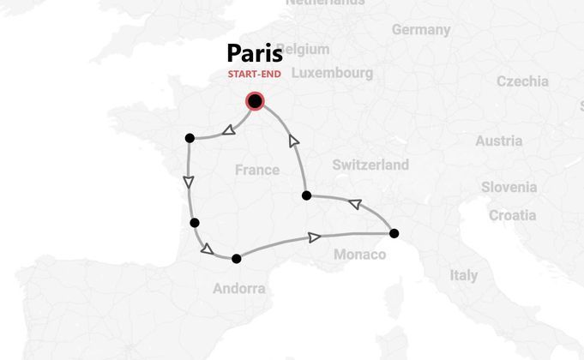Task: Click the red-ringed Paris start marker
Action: click(x=255, y=102)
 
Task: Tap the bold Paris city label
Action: click(x=255, y=54)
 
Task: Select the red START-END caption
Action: click(x=255, y=74)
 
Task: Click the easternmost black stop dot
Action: click(x=394, y=233)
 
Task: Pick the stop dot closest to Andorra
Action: click(x=236, y=258)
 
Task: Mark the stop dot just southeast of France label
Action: click(x=307, y=195)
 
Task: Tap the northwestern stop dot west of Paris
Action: click(x=190, y=137)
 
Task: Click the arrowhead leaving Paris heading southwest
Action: click(x=229, y=131)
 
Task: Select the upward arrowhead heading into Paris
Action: click(x=294, y=141)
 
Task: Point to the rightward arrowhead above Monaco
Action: click(x=315, y=237)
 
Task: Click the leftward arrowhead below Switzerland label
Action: click(x=354, y=204)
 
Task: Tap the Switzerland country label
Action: click(x=370, y=165)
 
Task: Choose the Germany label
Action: click(x=421, y=30)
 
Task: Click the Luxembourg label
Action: click(x=332, y=73)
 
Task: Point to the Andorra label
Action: click(x=239, y=289)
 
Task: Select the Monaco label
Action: click(x=359, y=255)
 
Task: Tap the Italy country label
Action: click(x=464, y=276)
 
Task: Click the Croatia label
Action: click(x=512, y=215)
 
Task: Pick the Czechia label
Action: click(x=522, y=81)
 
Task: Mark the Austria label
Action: click(x=498, y=141)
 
